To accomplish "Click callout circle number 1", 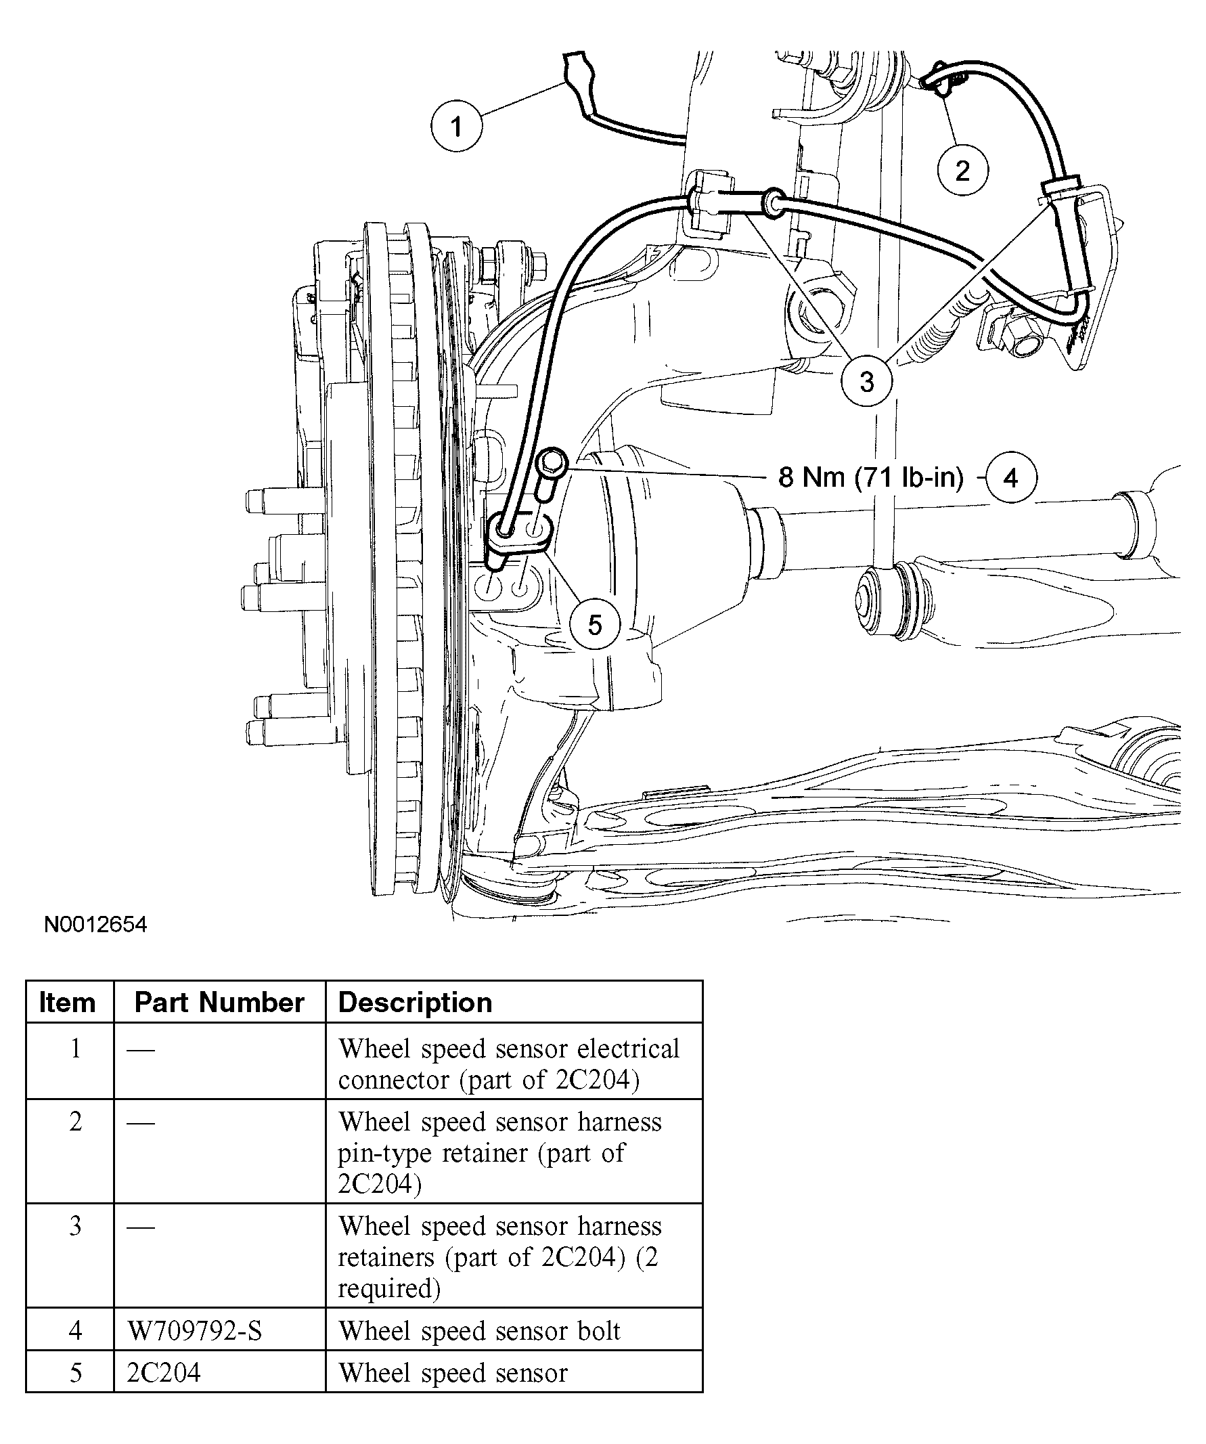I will point(456,127).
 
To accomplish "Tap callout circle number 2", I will point(962,170).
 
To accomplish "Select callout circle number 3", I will point(867,381).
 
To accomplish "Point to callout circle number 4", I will point(1010,477).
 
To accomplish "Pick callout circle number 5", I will point(595,625).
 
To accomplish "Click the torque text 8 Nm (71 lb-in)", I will point(870,477).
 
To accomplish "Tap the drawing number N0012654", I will point(95,925).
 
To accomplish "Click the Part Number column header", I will point(219,1003).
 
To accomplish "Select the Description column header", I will point(416,1003).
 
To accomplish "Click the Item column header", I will point(68,1003).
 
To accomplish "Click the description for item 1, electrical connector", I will point(509,1064).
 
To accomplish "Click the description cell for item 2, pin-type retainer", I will point(500,1152).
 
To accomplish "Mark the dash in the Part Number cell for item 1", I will point(140,1050).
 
